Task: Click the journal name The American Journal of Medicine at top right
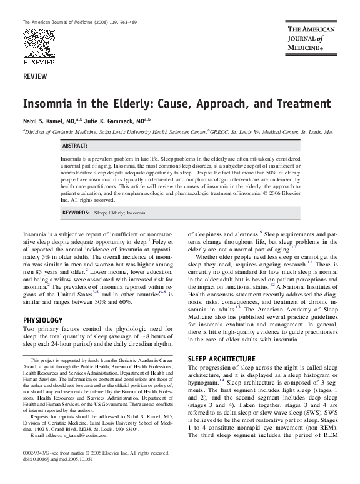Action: coord(311,38)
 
